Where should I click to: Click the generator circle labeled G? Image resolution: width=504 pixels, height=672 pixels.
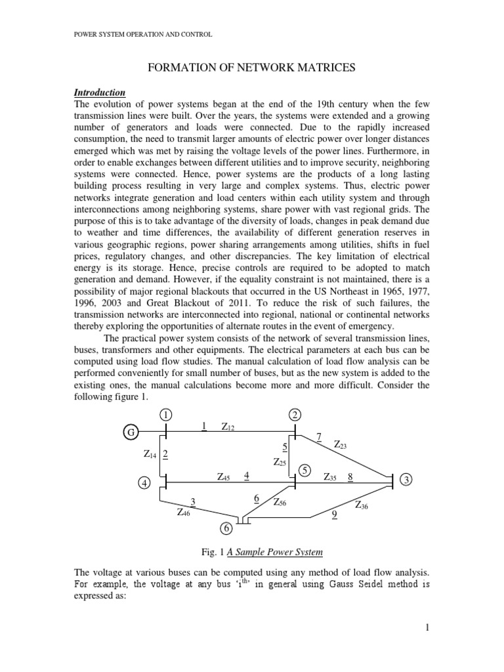click(x=131, y=432)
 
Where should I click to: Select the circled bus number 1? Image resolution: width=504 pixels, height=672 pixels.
click(x=166, y=415)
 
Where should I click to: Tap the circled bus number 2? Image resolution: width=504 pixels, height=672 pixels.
click(x=295, y=415)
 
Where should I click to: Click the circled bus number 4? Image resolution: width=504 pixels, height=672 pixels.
click(x=144, y=484)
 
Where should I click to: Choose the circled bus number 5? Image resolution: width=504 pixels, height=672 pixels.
click(x=305, y=470)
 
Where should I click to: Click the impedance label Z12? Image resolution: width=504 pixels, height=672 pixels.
click(x=228, y=427)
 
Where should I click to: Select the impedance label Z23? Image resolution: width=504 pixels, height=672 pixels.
click(x=341, y=445)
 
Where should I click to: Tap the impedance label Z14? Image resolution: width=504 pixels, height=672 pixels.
click(x=150, y=453)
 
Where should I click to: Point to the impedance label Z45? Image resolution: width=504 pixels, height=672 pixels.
click(x=223, y=477)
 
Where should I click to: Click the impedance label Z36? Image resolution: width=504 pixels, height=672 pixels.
click(x=362, y=505)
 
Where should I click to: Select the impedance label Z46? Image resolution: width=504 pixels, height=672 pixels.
click(x=184, y=513)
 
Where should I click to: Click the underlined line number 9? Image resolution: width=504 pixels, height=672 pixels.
click(x=335, y=515)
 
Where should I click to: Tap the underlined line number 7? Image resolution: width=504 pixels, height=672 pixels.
click(x=320, y=437)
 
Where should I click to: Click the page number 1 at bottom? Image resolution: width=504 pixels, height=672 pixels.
click(x=427, y=628)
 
